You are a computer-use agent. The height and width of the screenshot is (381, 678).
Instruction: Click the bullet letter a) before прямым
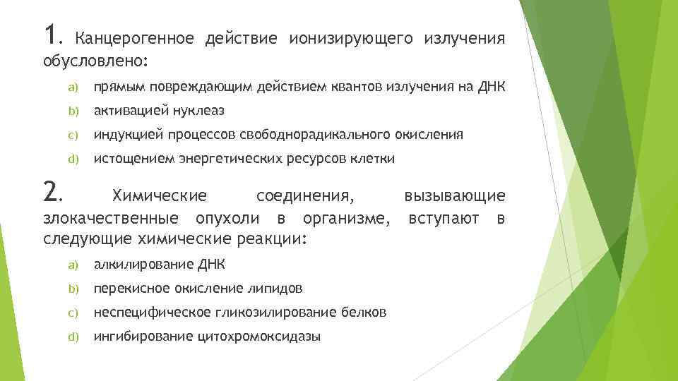point(72,87)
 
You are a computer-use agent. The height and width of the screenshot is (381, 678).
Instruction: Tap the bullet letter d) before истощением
point(72,159)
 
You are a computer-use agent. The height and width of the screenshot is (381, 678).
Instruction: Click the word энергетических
point(229,159)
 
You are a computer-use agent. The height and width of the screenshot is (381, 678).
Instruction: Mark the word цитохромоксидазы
point(265,337)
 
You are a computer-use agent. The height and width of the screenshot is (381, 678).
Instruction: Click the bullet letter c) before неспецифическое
point(72,313)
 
